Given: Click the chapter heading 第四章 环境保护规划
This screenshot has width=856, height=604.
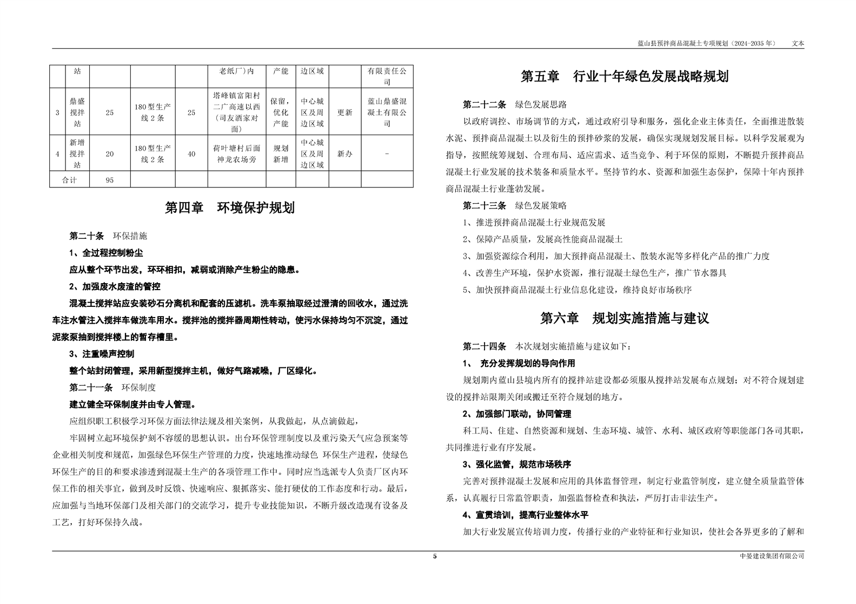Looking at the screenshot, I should coord(229,208).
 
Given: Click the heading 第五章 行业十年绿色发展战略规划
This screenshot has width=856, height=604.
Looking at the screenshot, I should coord(625,77).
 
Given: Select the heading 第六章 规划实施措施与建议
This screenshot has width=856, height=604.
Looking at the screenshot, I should coord(625,318).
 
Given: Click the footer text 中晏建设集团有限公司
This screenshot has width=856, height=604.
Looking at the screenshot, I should coord(771,556).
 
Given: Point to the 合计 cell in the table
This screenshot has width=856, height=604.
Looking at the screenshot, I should coord(69,180).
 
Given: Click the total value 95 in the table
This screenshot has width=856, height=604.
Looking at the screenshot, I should coord(109,180).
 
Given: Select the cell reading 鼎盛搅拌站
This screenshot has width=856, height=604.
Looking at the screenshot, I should coord(77,112).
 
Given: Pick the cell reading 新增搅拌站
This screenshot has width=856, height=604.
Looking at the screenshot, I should coord(77,154).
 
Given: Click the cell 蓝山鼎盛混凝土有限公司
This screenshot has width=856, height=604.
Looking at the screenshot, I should coord(387,112).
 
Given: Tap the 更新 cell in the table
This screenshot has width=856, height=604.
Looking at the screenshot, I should coord(344,112).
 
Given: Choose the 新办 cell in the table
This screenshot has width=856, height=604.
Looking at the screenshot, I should coord(344,154).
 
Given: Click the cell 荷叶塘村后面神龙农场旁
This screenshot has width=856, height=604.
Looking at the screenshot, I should coord(238,154).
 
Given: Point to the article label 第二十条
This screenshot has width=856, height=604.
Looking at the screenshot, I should coord(87,236).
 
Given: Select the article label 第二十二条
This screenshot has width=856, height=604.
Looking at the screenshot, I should coord(485,104).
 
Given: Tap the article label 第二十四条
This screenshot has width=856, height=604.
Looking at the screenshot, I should coord(485,346).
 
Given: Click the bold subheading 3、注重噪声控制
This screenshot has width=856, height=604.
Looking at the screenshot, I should coord(102,354).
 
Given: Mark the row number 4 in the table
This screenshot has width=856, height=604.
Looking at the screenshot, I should coord(57,154).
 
